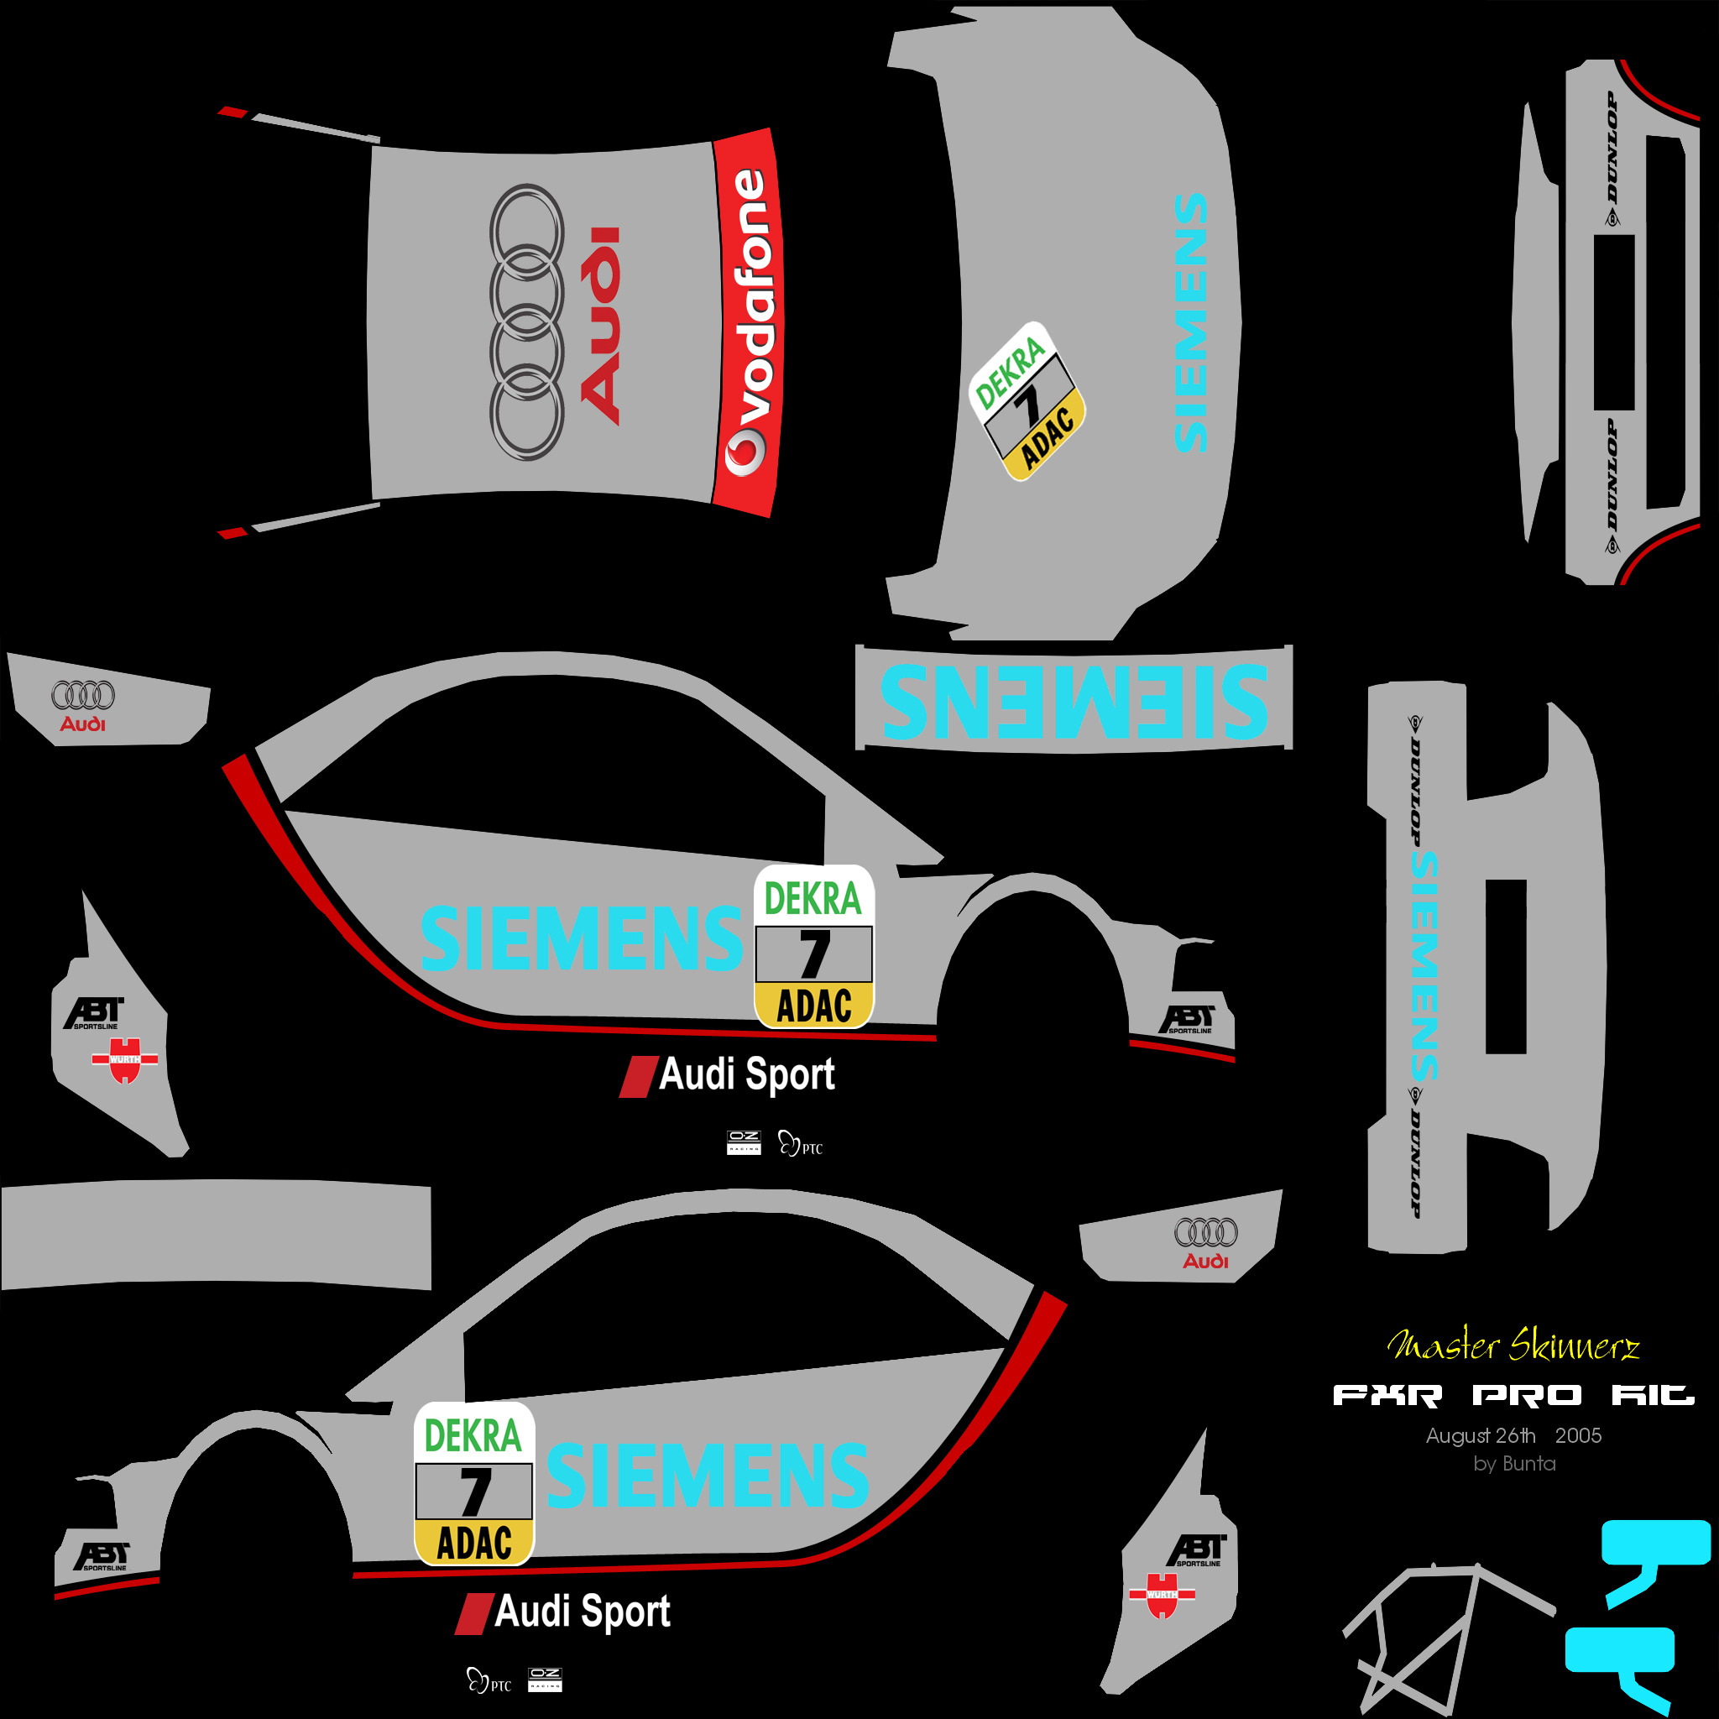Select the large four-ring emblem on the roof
coord(527,322)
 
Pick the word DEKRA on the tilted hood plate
coord(1009,372)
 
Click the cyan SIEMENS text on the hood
coord(1191,322)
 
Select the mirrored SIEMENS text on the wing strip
coord(1074,701)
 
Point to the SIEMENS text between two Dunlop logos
coord(1424,966)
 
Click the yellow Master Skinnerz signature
coord(1512,1345)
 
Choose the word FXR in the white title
coord(1387,1395)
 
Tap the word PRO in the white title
coord(1527,1395)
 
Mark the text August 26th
coord(1481,1435)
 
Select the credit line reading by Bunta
coord(1514,1464)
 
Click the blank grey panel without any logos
coord(217,1234)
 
